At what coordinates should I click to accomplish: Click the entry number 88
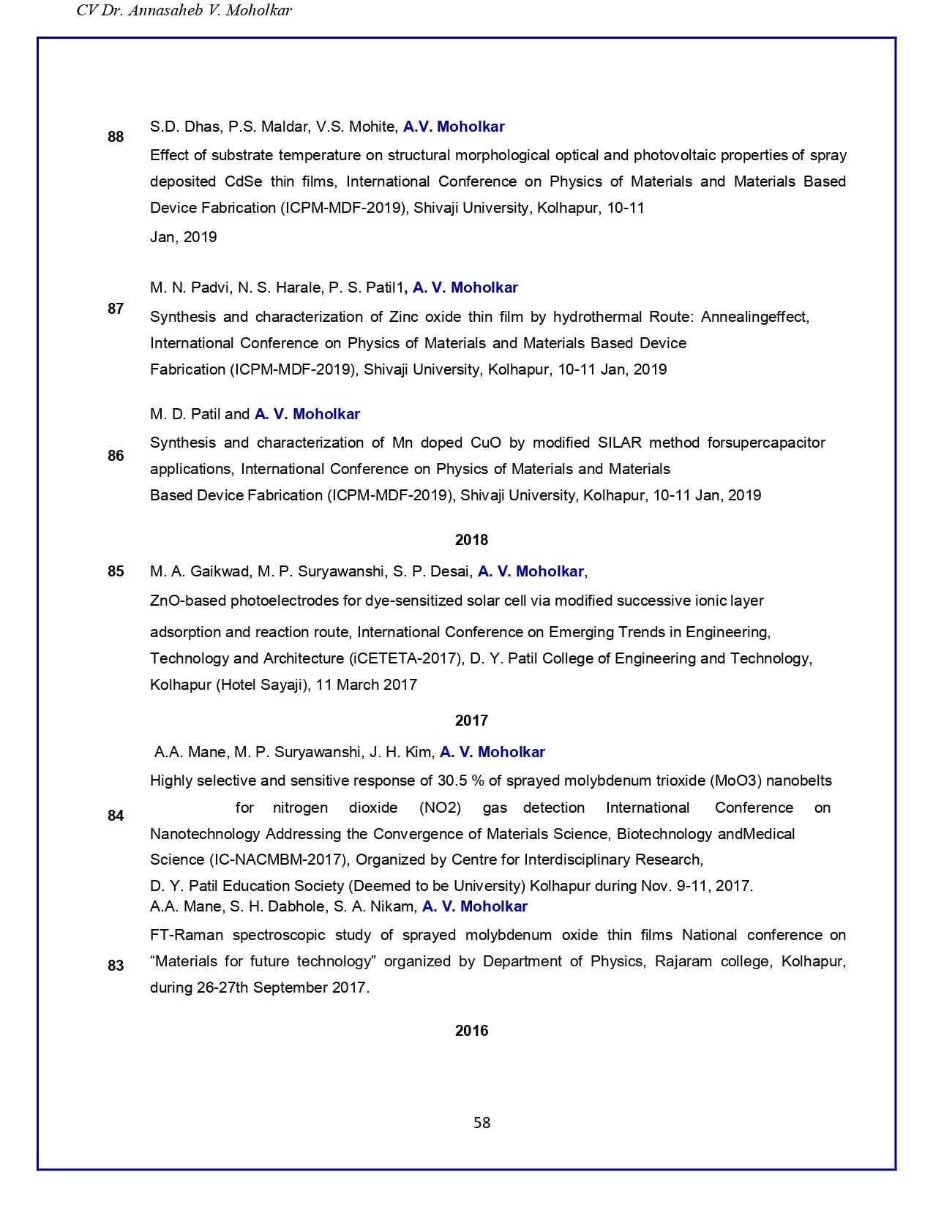(116, 137)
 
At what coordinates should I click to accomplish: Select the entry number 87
(116, 309)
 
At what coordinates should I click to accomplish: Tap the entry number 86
(116, 456)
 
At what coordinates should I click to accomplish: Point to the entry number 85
(116, 571)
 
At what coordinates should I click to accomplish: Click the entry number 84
(116, 816)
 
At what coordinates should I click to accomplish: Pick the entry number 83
(116, 966)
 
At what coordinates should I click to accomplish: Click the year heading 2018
(471, 540)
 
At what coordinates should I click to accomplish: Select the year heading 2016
(471, 1031)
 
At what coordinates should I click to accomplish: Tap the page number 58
(482, 1123)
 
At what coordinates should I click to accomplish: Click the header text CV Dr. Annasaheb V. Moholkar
(184, 11)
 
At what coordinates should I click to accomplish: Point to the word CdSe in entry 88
(243, 181)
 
